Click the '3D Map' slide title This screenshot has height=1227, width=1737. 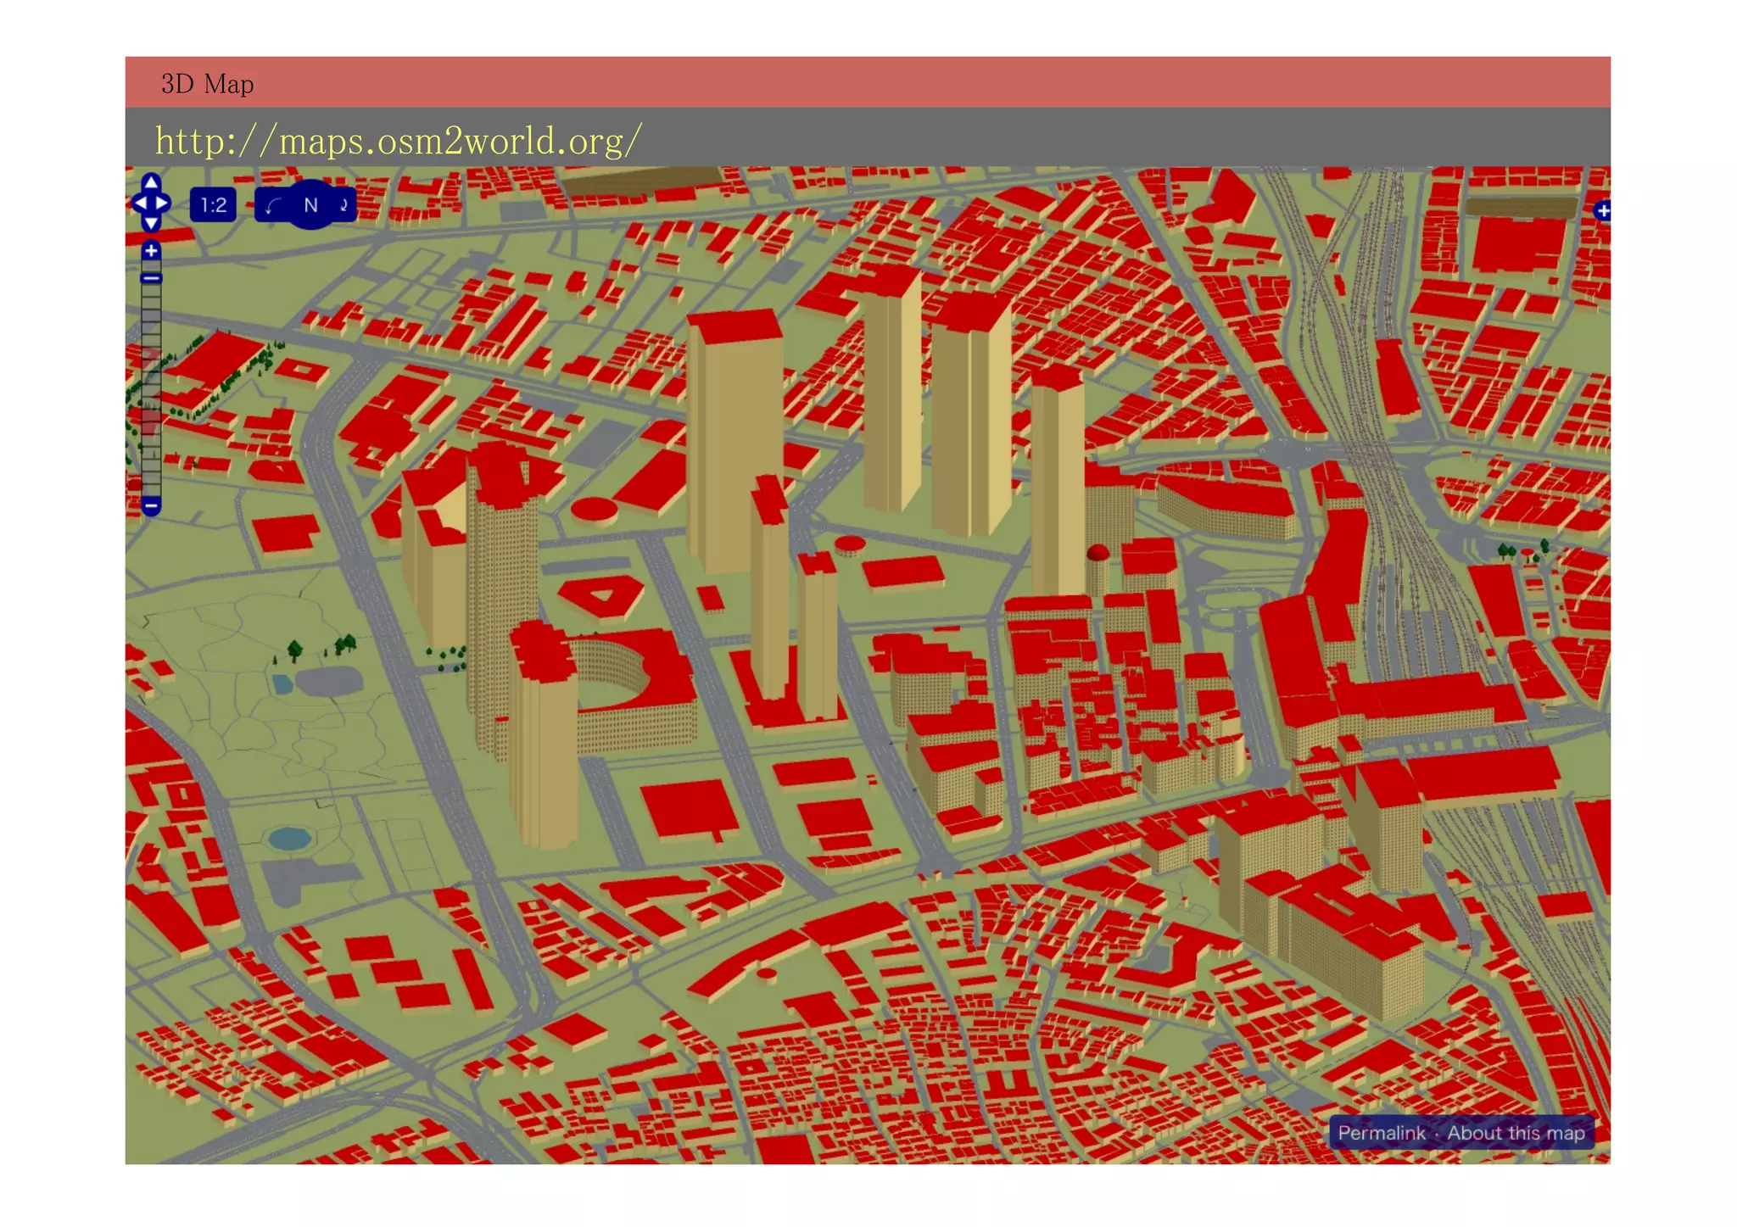click(207, 84)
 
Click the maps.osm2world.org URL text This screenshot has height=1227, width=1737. click(398, 141)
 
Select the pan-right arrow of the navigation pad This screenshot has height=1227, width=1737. click(163, 204)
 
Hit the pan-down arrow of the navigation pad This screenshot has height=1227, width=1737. click(151, 223)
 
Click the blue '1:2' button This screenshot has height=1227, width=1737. click(213, 205)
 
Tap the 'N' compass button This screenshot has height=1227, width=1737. click(310, 205)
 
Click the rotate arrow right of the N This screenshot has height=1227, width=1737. click(344, 205)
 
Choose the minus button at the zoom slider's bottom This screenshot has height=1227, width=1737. click(151, 506)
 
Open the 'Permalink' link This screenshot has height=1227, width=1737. click(1381, 1133)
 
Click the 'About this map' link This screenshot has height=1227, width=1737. click(1516, 1133)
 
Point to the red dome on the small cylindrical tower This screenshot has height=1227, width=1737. click(1097, 554)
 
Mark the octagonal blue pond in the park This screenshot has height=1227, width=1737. click(289, 839)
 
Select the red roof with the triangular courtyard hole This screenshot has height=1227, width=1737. click(600, 595)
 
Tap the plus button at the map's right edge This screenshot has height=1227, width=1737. click(1602, 210)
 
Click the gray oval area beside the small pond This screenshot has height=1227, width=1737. click(328, 681)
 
